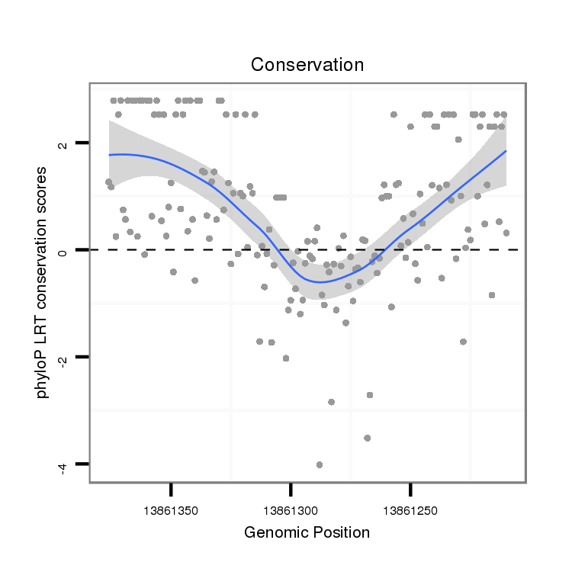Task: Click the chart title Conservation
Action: coord(307,65)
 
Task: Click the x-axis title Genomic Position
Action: coord(307,532)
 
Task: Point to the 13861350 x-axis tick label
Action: coord(171,507)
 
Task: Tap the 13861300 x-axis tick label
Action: coord(291,507)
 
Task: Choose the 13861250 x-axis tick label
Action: coord(410,507)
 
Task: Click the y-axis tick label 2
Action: coord(64,143)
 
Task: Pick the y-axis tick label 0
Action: coord(64,249)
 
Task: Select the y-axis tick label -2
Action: coord(64,357)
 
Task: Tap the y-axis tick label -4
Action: coord(64,464)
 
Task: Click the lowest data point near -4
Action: coord(319,464)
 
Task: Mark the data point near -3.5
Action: coord(367,438)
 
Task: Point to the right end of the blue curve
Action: coord(505,151)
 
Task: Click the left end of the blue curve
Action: coord(109,155)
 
